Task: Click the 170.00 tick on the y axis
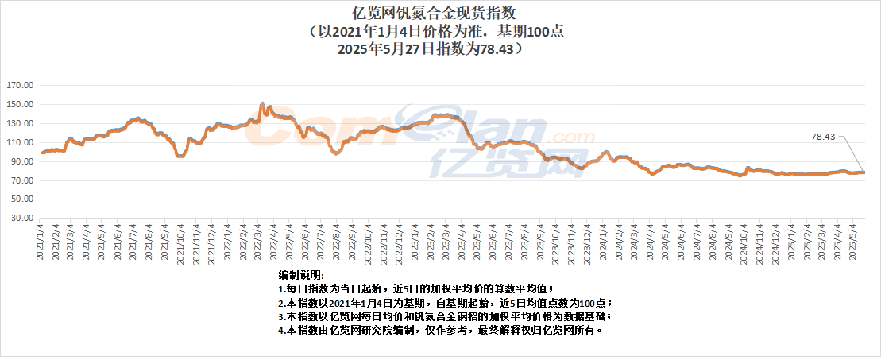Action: click(x=19, y=85)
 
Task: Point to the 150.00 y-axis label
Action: click(x=19, y=104)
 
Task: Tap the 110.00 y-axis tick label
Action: click(x=19, y=142)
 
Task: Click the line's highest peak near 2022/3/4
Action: click(x=262, y=104)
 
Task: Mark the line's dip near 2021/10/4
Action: click(x=180, y=156)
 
